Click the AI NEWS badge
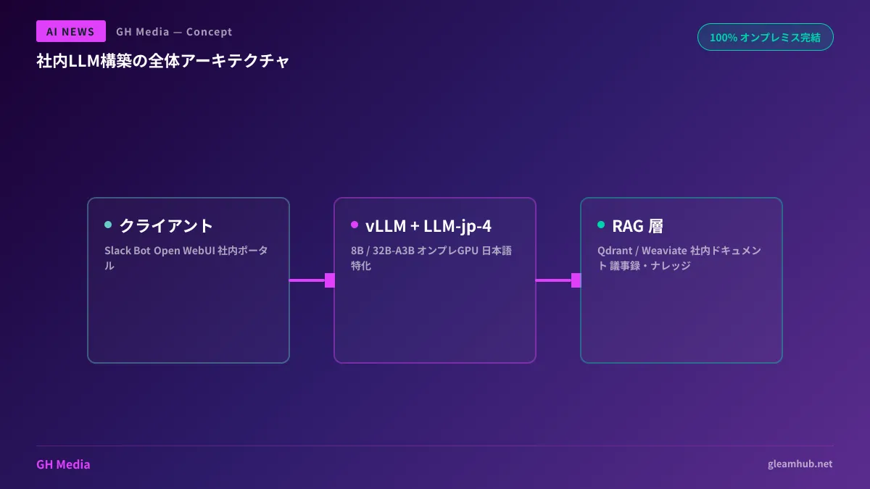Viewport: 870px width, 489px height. [x=70, y=31]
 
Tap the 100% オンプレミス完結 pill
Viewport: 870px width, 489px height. [x=765, y=37]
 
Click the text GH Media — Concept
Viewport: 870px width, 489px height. [x=174, y=32]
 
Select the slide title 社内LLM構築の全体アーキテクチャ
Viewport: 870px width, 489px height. [x=163, y=61]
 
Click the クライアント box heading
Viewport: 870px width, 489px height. [x=166, y=225]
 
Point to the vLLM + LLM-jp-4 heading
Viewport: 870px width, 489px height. [x=428, y=225]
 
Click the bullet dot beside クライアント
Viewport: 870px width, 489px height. [x=108, y=225]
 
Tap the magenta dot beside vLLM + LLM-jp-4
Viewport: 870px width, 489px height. [x=355, y=225]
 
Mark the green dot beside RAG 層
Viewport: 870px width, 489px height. [x=601, y=225]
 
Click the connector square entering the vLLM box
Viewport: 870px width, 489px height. [x=330, y=280]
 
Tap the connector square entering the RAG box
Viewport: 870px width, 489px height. [x=576, y=280]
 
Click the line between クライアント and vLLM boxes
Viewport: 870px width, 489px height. [x=307, y=280]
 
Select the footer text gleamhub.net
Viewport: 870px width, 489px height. [x=800, y=464]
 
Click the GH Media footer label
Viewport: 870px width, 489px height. [x=63, y=464]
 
